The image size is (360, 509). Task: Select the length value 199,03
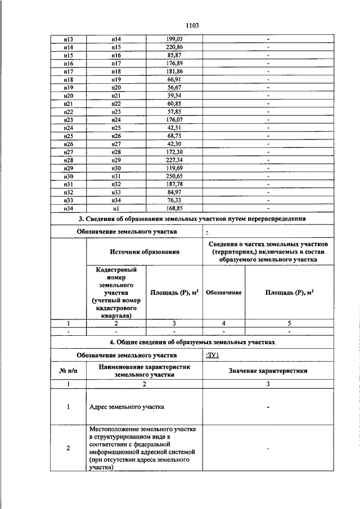click(174, 38)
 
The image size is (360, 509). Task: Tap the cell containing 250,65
click(174, 176)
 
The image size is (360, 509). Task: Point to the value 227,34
click(174, 160)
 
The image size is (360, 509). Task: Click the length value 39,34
click(174, 96)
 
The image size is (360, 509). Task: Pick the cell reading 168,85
click(174, 208)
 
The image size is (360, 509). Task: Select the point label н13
click(69, 38)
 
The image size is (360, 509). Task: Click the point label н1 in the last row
click(116, 208)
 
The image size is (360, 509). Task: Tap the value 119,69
click(174, 168)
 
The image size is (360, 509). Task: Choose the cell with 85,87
click(174, 56)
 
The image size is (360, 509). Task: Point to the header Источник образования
click(145, 252)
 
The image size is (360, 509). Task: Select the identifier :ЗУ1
click(213, 355)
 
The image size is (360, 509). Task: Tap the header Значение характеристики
click(268, 370)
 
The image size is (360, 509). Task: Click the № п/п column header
click(68, 370)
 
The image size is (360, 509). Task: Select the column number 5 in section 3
click(290, 323)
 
